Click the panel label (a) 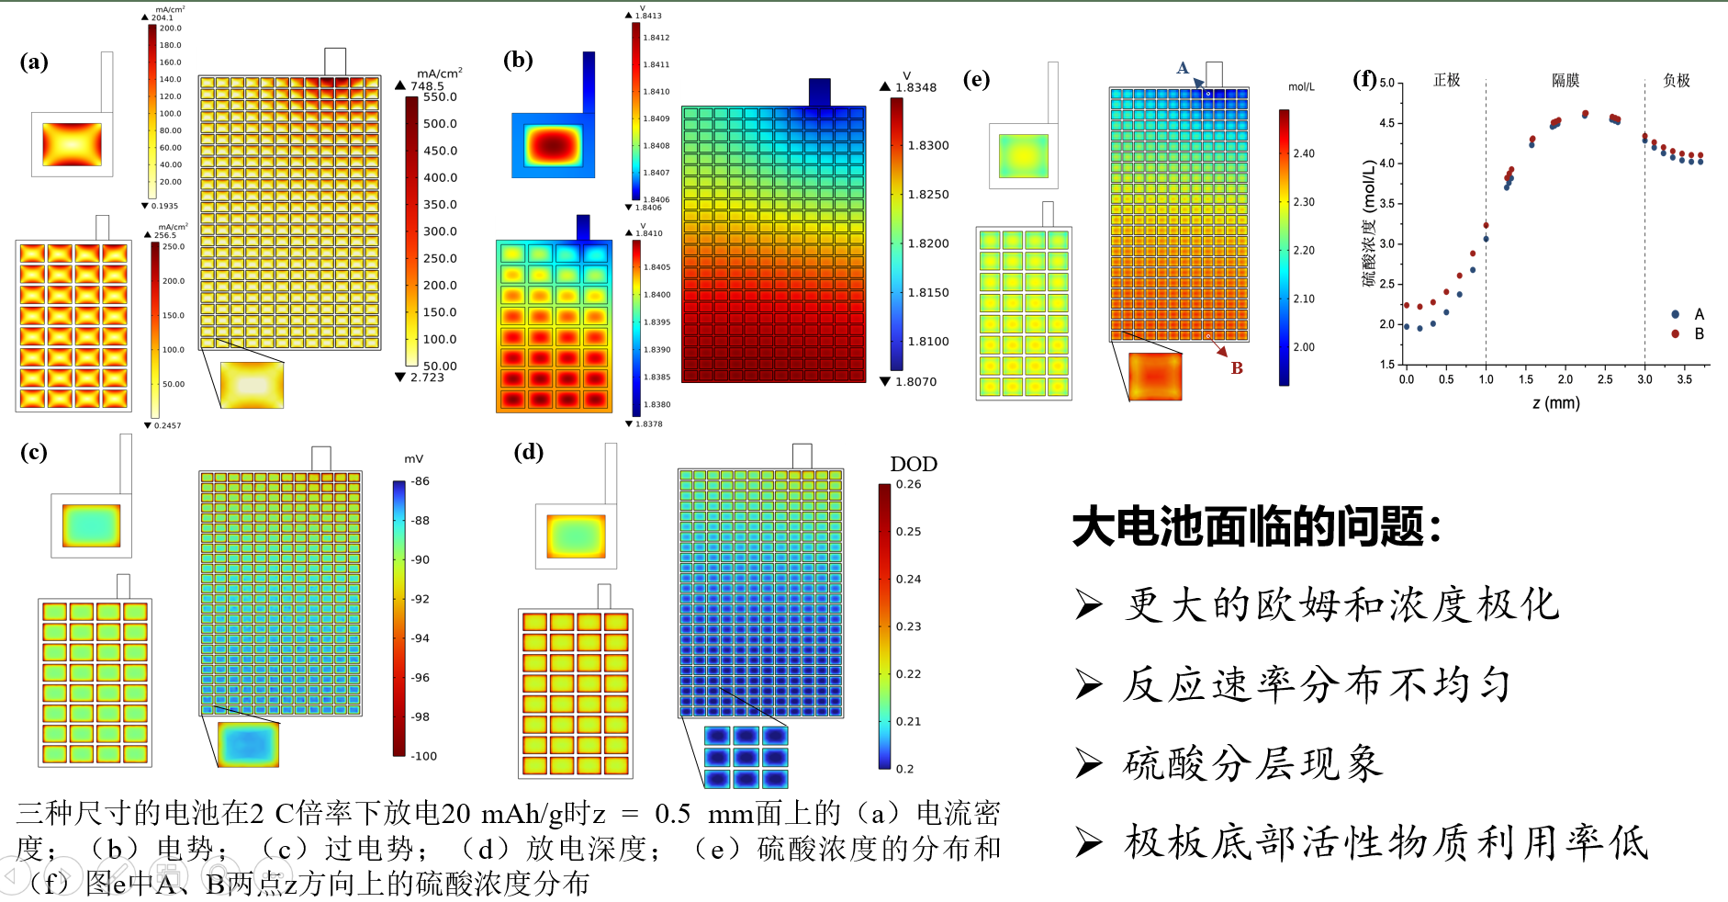click(34, 62)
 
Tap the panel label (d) click(528, 451)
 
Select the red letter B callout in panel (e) click(1237, 367)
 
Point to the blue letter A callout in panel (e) click(1183, 68)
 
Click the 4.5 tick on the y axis click(1386, 123)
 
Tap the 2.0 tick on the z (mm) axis click(1565, 379)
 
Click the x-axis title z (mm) click(1555, 402)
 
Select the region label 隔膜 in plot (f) click(1565, 81)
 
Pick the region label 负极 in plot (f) click(1677, 81)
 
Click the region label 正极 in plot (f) click(1446, 81)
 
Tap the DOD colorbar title click(914, 464)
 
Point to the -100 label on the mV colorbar click(423, 756)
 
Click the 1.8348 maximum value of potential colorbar click(916, 87)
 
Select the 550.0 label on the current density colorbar click(440, 97)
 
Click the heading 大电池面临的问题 click(1256, 527)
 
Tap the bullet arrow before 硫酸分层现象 click(1089, 763)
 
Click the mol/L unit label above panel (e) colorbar click(1301, 87)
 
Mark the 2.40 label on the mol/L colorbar click(1304, 153)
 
